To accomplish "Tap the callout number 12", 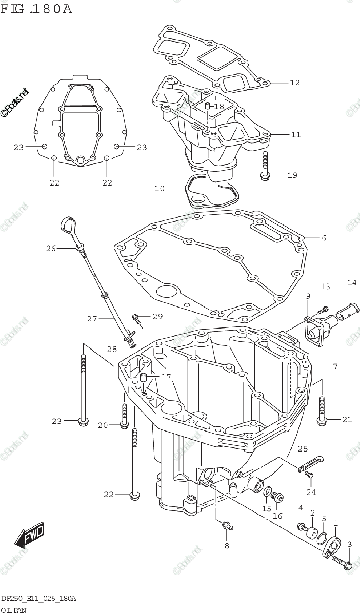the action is (294, 83).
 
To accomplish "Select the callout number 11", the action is (295, 135).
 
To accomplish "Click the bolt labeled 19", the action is (264, 167).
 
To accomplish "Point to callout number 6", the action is (324, 238).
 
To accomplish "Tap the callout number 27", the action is (92, 319).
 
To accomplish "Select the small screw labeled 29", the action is (135, 317).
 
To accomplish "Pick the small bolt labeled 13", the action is (324, 310).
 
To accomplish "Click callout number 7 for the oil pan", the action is (334, 366).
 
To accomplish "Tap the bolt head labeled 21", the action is (322, 420).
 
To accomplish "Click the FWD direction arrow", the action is (29, 535).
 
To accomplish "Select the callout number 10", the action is (159, 189).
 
